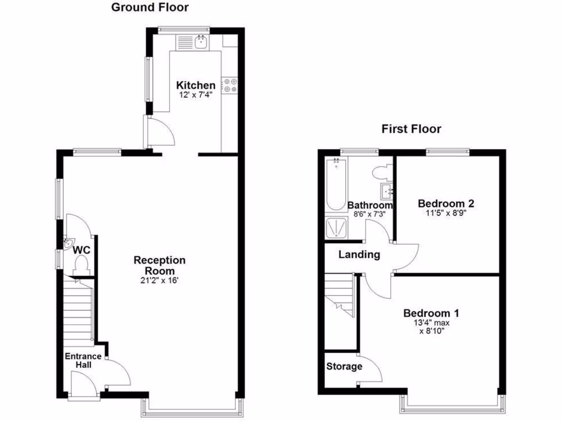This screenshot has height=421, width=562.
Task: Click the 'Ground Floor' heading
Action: [150, 8]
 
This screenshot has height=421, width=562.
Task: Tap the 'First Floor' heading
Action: [411, 129]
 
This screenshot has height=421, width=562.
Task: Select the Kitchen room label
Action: [195, 86]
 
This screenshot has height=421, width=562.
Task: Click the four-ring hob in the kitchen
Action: [229, 85]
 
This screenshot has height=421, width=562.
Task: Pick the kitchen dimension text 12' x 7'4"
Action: [195, 95]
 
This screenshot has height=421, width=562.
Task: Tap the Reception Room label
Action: [160, 265]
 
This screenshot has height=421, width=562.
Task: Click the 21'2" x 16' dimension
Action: [160, 281]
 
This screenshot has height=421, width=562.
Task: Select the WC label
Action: [82, 250]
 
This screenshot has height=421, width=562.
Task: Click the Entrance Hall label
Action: [83, 360]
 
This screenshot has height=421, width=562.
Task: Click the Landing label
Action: [359, 254]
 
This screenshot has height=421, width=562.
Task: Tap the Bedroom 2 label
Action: [446, 203]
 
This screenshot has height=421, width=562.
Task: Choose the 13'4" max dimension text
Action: [431, 323]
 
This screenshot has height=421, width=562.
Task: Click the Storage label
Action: [344, 366]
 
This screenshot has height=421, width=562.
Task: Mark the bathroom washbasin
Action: [386, 191]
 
